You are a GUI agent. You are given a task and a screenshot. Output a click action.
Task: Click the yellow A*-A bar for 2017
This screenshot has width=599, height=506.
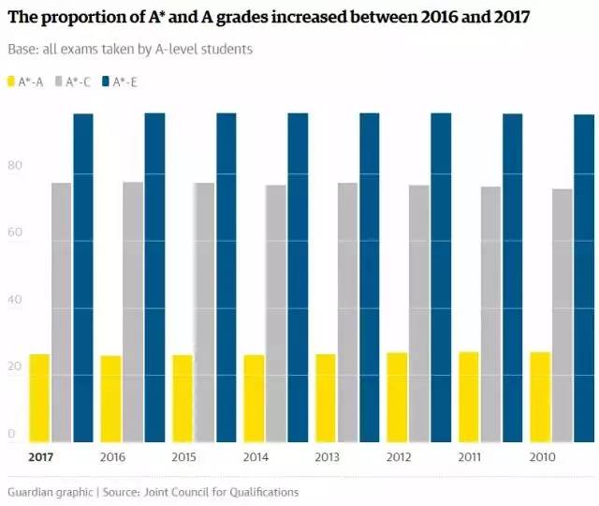point(39,398)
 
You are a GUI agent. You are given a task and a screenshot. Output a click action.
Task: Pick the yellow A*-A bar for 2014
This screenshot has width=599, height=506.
point(255,398)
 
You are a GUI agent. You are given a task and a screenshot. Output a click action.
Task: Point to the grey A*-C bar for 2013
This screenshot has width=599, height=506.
point(347,312)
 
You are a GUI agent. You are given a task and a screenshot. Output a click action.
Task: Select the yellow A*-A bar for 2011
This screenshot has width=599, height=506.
point(469,396)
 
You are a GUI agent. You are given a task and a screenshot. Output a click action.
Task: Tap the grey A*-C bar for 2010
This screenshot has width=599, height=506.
point(562,315)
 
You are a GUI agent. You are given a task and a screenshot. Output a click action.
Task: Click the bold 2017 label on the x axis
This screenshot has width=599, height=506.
point(40,457)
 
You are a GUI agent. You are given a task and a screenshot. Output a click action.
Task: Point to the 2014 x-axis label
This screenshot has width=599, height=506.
point(256,457)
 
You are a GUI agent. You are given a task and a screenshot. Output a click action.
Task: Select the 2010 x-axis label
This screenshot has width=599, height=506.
point(542,457)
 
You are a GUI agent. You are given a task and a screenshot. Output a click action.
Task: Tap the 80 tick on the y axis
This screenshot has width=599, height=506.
point(15,166)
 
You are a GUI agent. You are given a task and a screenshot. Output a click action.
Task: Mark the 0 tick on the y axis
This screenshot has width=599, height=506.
point(12,434)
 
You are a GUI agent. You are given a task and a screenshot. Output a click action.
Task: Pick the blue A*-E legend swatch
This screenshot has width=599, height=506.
point(106,82)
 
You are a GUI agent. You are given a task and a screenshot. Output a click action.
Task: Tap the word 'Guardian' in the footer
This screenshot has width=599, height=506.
point(31,492)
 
